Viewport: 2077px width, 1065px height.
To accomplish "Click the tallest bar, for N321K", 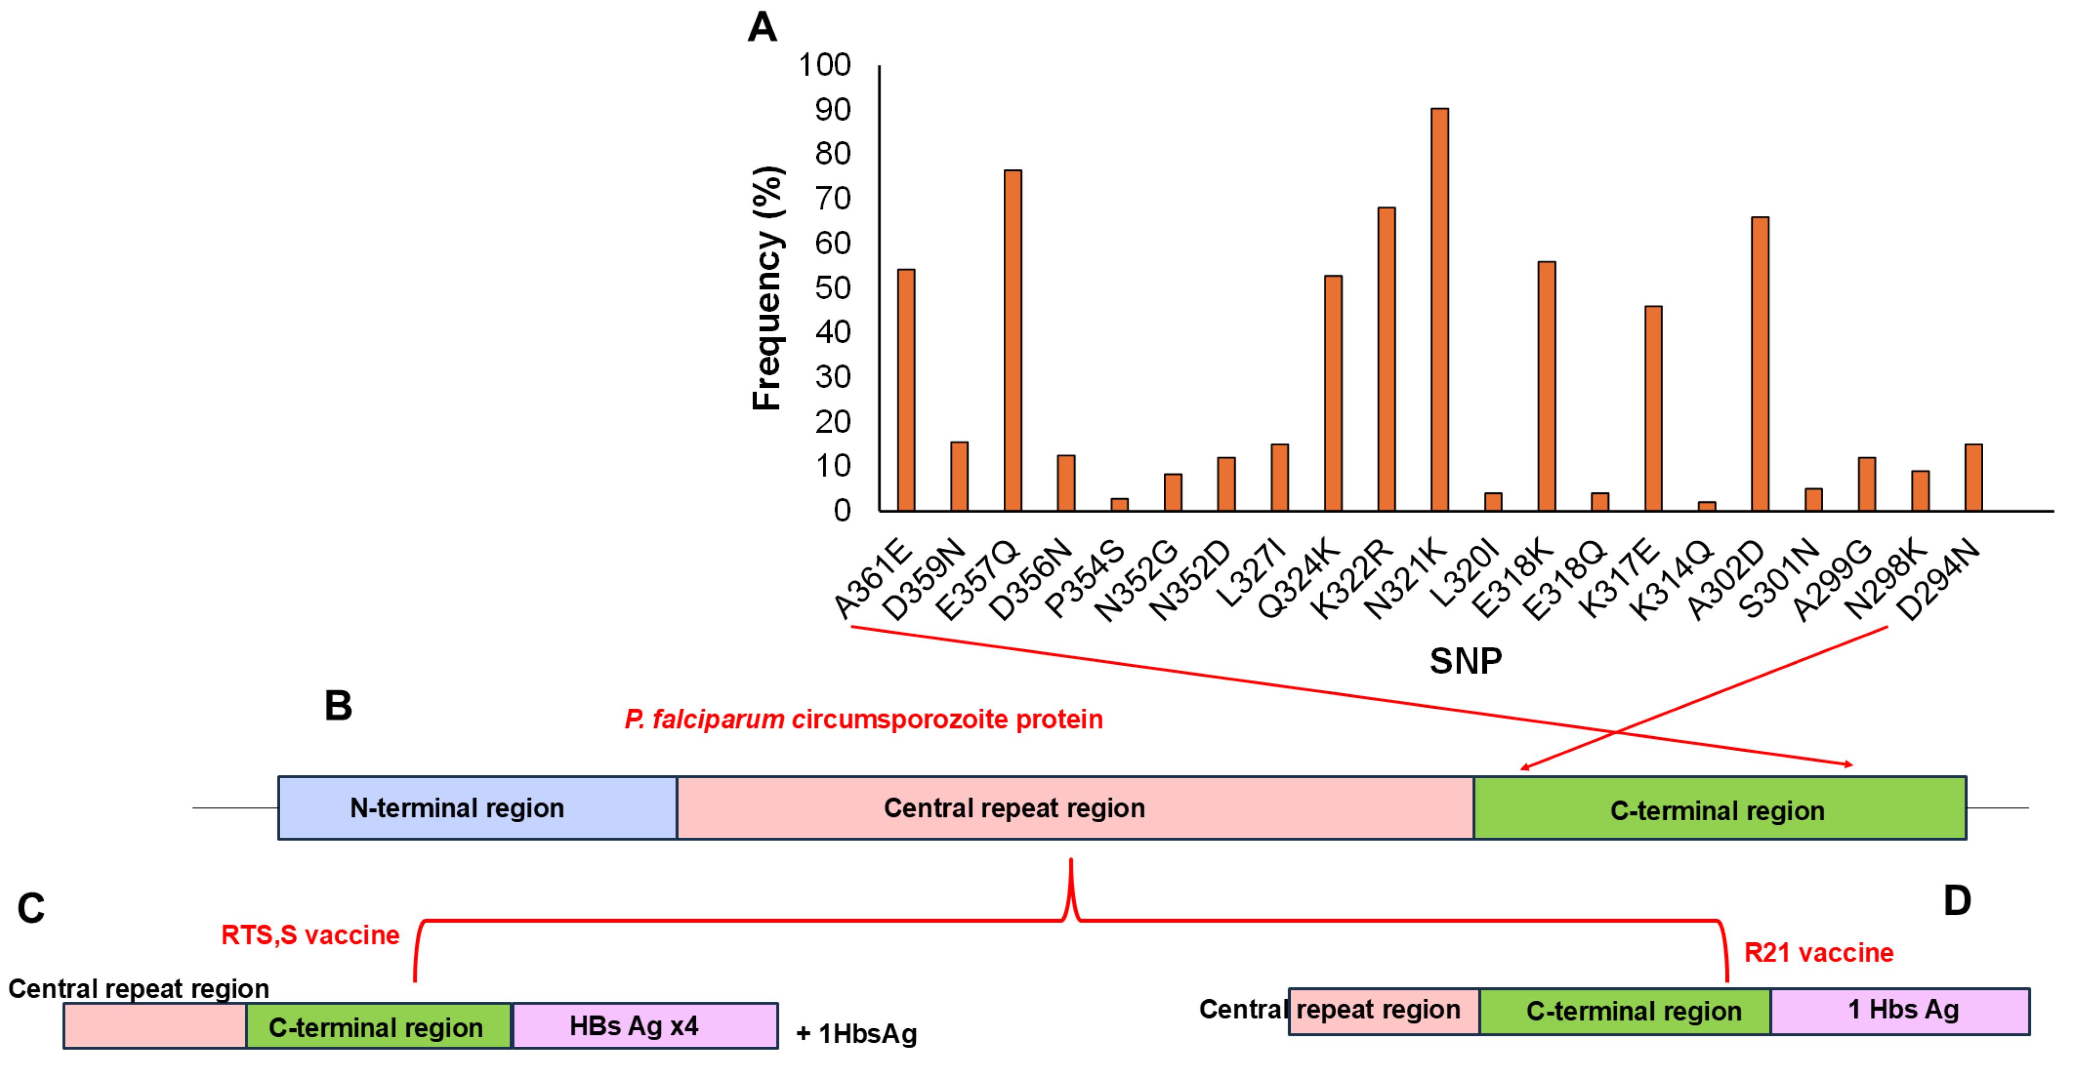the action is tap(1439, 310).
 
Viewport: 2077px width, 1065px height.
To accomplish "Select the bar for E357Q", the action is tap(1013, 340).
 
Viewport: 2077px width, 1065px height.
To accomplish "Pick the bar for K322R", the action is tap(1386, 359).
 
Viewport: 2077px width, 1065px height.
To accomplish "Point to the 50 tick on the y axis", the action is tap(833, 288).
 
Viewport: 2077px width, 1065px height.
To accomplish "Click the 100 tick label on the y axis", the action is tap(825, 65).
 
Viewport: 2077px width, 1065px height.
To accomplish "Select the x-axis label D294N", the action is tap(1937, 580).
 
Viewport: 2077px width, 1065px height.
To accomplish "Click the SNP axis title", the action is tap(1466, 661).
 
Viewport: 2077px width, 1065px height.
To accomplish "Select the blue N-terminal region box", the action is tap(478, 808).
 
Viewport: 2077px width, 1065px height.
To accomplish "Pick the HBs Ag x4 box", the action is tap(645, 1026).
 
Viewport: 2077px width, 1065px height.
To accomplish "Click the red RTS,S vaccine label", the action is tap(310, 935).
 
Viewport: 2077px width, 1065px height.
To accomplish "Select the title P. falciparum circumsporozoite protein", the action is tap(863, 719).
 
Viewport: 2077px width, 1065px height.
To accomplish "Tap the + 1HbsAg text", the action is tap(856, 1033).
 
